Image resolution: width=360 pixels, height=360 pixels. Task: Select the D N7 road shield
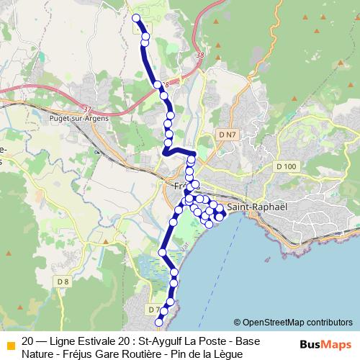pos(227,135)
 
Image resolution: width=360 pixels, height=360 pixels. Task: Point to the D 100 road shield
pos(286,167)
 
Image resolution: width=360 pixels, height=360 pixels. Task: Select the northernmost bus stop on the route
pos(137,18)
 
